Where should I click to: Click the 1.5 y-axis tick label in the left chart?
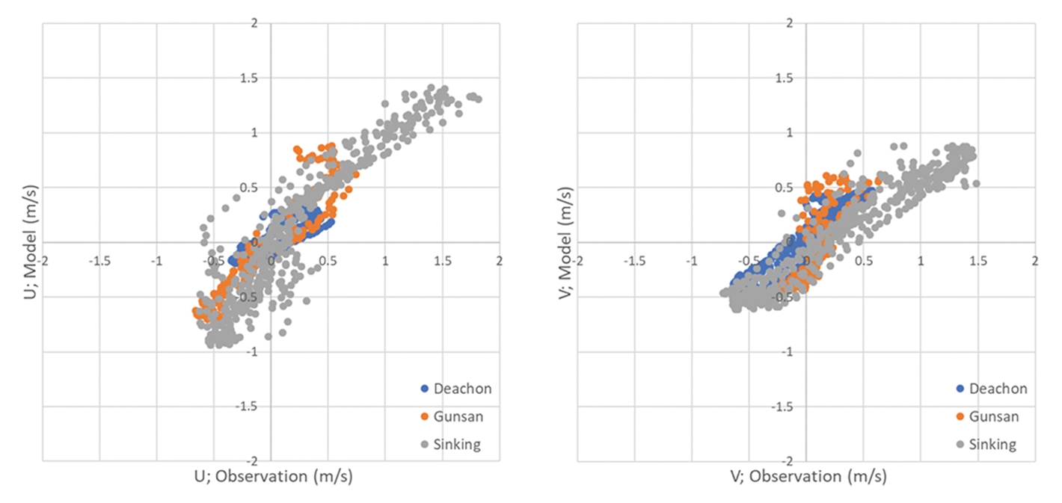260,78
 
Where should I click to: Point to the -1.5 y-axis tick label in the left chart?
257,407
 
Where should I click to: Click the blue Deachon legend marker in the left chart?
426,389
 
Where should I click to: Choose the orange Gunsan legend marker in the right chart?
960,416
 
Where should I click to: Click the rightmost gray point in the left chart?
478,99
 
